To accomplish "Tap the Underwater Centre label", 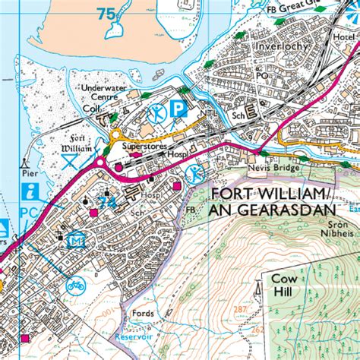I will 103,93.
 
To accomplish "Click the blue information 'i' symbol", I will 31,191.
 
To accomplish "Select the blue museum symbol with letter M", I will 74,242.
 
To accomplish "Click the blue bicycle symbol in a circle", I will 75,287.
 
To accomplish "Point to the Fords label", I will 142,314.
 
